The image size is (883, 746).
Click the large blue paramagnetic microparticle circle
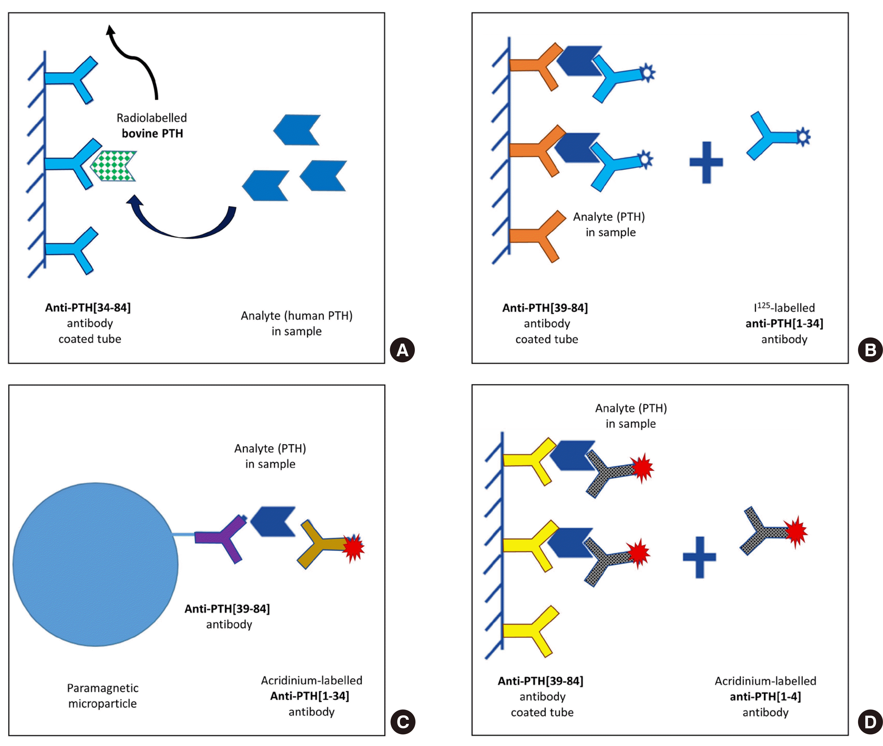click(95, 564)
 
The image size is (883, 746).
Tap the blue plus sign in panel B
click(706, 162)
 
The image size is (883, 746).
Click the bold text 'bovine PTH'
click(152, 134)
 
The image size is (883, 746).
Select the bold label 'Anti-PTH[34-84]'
click(88, 308)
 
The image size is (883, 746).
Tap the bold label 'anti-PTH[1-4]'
click(765, 696)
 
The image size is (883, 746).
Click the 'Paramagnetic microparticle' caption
click(102, 696)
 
